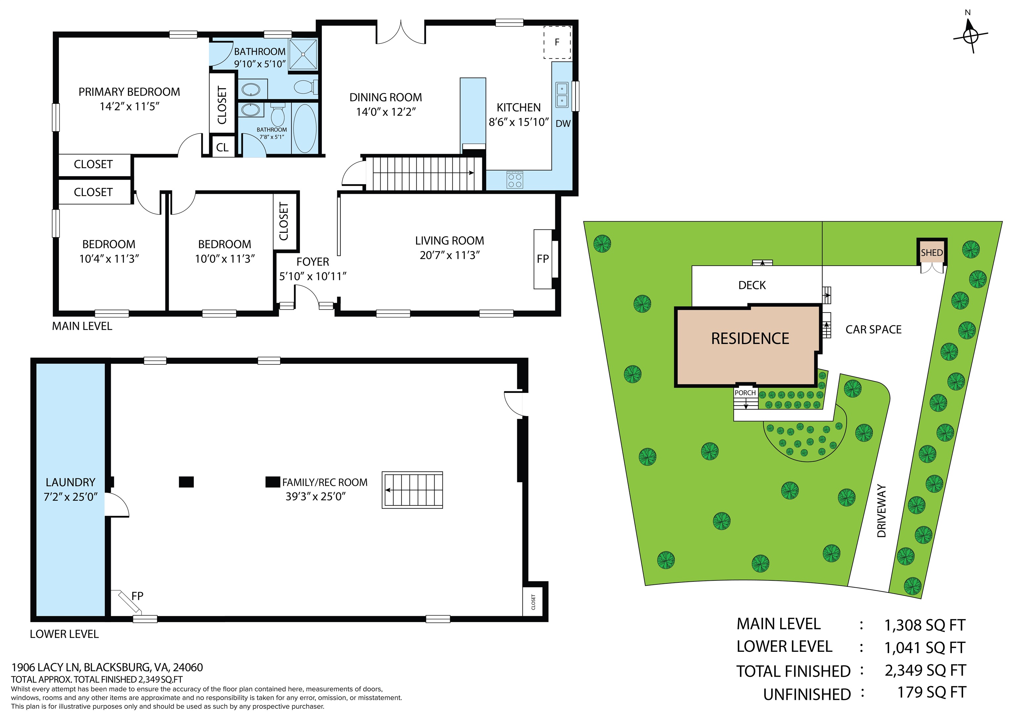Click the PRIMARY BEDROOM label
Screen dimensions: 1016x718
(129, 92)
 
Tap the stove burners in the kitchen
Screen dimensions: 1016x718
(515, 180)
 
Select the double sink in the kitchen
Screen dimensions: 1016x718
(562, 95)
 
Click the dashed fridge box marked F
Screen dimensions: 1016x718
(557, 42)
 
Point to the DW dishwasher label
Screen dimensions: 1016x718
(563, 124)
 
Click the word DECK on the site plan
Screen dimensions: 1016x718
(752, 285)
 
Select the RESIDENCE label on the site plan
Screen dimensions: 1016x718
(750, 338)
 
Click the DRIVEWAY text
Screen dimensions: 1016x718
(881, 511)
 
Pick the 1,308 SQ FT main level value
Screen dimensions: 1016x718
(924, 625)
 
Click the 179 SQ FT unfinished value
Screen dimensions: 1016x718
(931, 692)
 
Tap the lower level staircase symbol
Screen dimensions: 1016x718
(412, 490)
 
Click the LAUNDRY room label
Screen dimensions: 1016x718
(70, 482)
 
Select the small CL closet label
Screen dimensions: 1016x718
(222, 147)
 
